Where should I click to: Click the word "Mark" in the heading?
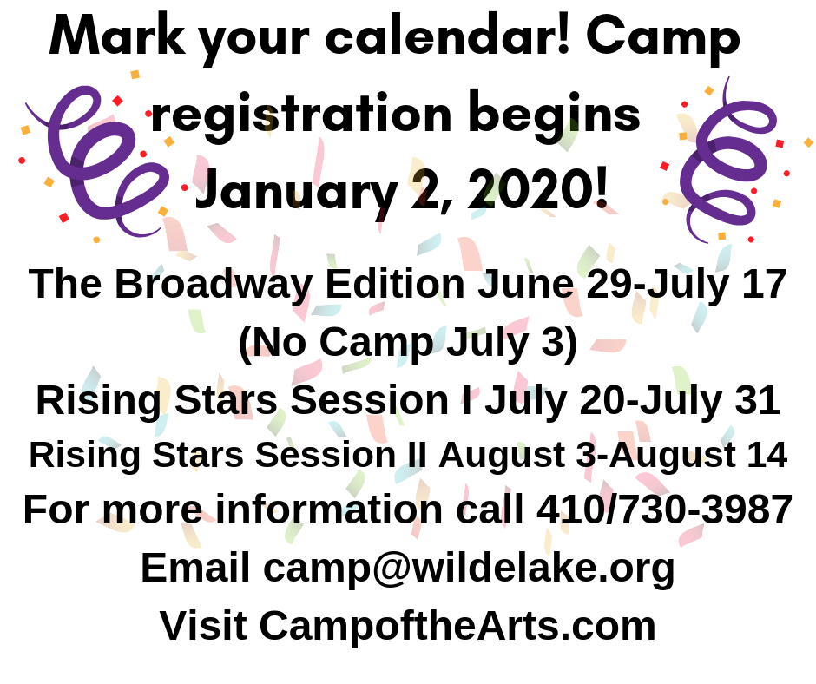coord(117,36)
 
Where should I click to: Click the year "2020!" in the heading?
coord(537,188)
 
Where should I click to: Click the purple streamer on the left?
coord(99,156)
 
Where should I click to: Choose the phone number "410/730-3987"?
coord(665,510)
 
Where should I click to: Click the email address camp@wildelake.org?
coord(469,569)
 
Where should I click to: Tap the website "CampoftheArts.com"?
coord(457,626)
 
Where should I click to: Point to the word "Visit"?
coord(203,625)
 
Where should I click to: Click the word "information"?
coord(329,510)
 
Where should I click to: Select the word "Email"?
coord(195,568)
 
